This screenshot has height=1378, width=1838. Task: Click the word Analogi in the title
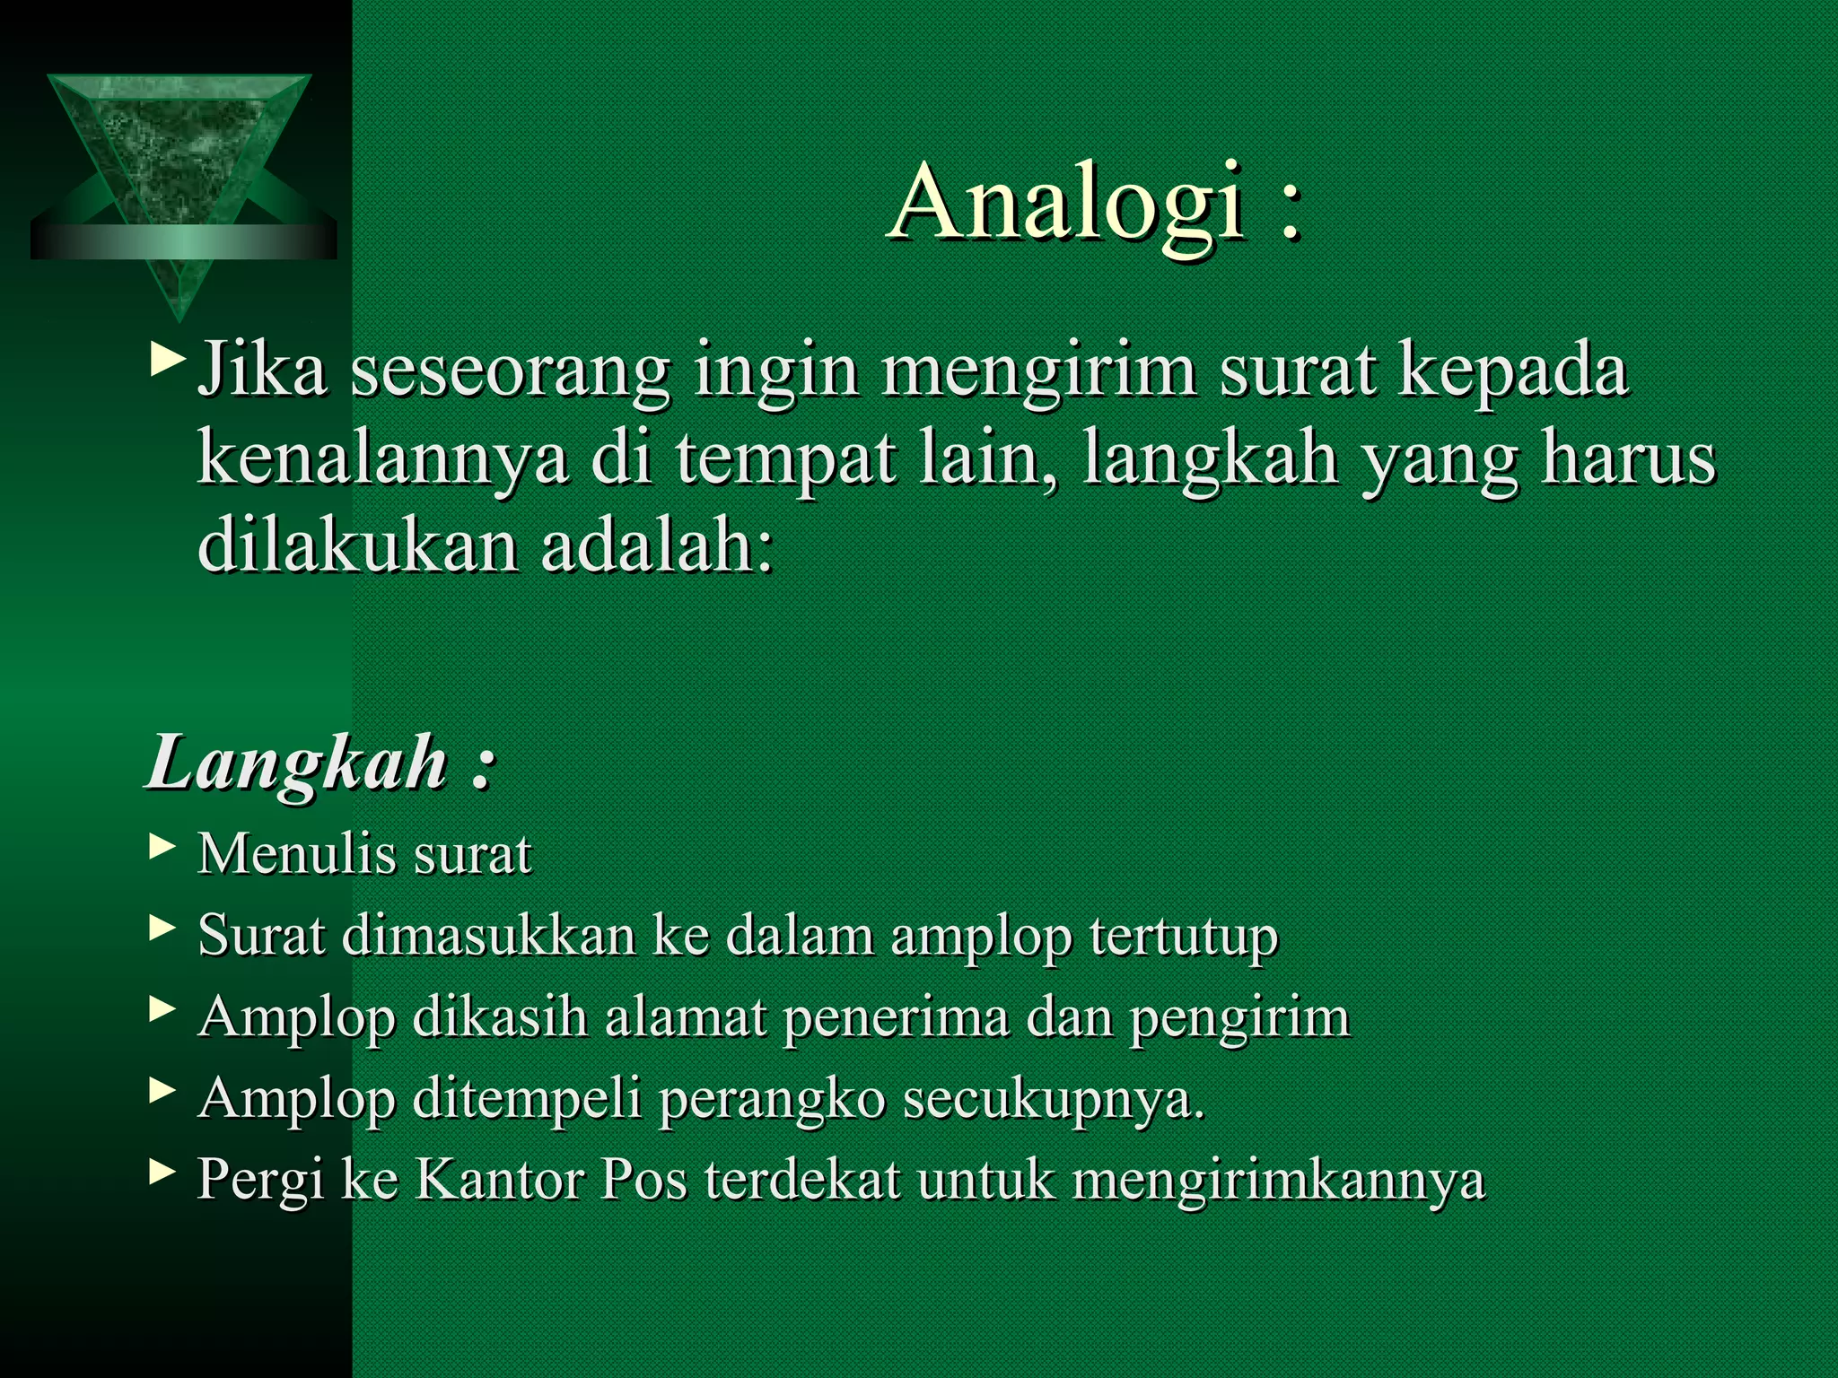[x=1068, y=205]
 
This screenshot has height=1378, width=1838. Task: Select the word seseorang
[x=511, y=372]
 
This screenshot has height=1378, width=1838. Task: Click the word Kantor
[x=498, y=1180]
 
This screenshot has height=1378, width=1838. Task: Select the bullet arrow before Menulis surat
[x=162, y=846]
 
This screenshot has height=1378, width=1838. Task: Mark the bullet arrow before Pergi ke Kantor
[x=162, y=1170]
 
